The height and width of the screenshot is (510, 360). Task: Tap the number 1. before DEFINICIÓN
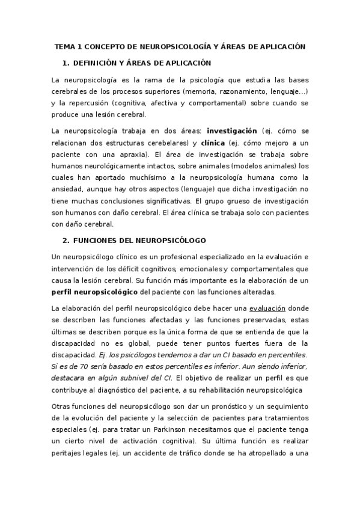66,63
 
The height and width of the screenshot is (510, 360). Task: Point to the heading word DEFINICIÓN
97,63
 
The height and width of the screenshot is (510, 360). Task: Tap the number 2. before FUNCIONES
66,240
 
